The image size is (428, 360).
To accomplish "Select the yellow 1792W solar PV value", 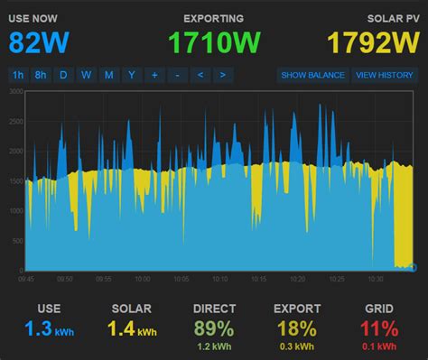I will [x=372, y=42].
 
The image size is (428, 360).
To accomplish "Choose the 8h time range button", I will [x=41, y=75].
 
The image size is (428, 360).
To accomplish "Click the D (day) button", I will [x=63, y=75].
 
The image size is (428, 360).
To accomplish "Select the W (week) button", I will [x=86, y=75].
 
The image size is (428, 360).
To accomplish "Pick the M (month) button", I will [x=108, y=75].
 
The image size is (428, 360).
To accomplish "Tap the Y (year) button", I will [x=131, y=75].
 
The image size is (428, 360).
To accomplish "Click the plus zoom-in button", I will [x=154, y=75].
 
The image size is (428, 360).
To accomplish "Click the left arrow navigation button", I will [x=200, y=75].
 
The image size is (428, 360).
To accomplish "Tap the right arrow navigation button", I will [x=222, y=75].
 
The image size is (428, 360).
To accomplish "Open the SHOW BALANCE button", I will [x=312, y=75].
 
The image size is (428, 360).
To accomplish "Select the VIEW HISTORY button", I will [x=384, y=75].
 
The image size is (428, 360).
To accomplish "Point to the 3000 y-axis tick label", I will [x=15, y=92].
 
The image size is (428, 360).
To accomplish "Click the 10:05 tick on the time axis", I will [x=181, y=280].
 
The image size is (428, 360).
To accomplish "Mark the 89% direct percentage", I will [x=213, y=329].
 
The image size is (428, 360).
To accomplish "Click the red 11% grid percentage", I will [x=379, y=329].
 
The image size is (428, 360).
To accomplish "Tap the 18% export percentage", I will [x=296, y=329].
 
